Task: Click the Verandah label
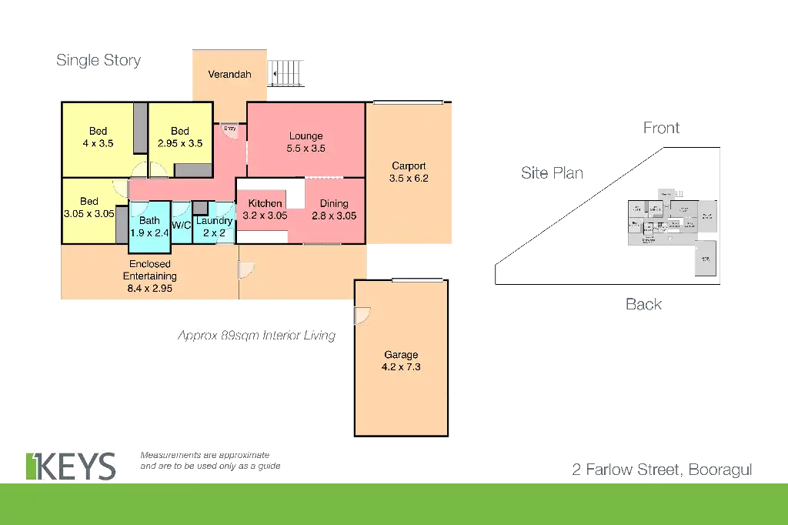(x=230, y=75)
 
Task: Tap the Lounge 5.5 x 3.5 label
(x=306, y=142)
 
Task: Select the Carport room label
(x=409, y=172)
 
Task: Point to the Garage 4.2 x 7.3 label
(x=401, y=361)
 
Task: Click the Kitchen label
(x=264, y=209)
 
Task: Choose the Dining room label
(x=334, y=209)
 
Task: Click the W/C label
(x=182, y=225)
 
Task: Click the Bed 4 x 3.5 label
(x=98, y=137)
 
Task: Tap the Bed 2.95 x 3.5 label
(x=179, y=137)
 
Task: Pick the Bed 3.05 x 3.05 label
(x=88, y=208)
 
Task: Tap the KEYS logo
(x=71, y=466)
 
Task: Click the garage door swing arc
(x=362, y=315)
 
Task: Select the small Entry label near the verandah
(x=229, y=129)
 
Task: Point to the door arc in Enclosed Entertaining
(x=246, y=269)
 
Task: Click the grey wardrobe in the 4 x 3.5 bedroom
(x=140, y=127)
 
